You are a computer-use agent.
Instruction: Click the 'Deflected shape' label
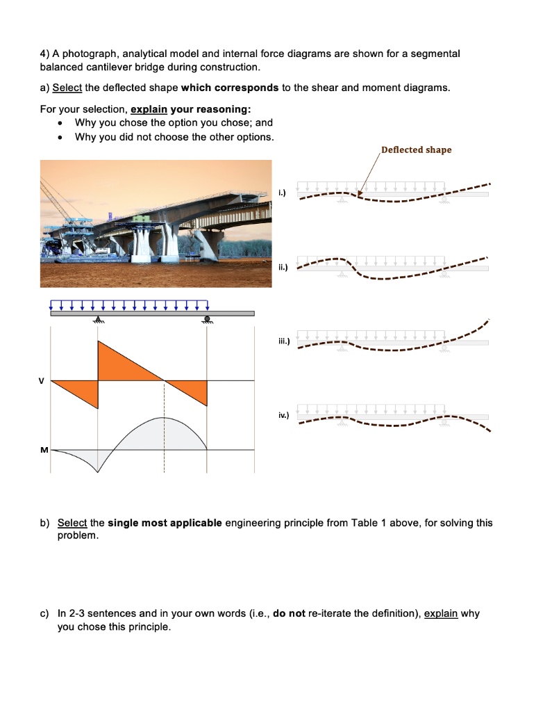coord(416,150)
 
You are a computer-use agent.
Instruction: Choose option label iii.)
coord(283,339)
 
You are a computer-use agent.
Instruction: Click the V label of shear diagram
coord(42,381)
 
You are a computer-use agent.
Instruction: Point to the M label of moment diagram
coord(42,451)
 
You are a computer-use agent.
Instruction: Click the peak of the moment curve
coord(165,417)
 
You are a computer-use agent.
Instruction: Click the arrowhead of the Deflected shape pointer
coord(360,188)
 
